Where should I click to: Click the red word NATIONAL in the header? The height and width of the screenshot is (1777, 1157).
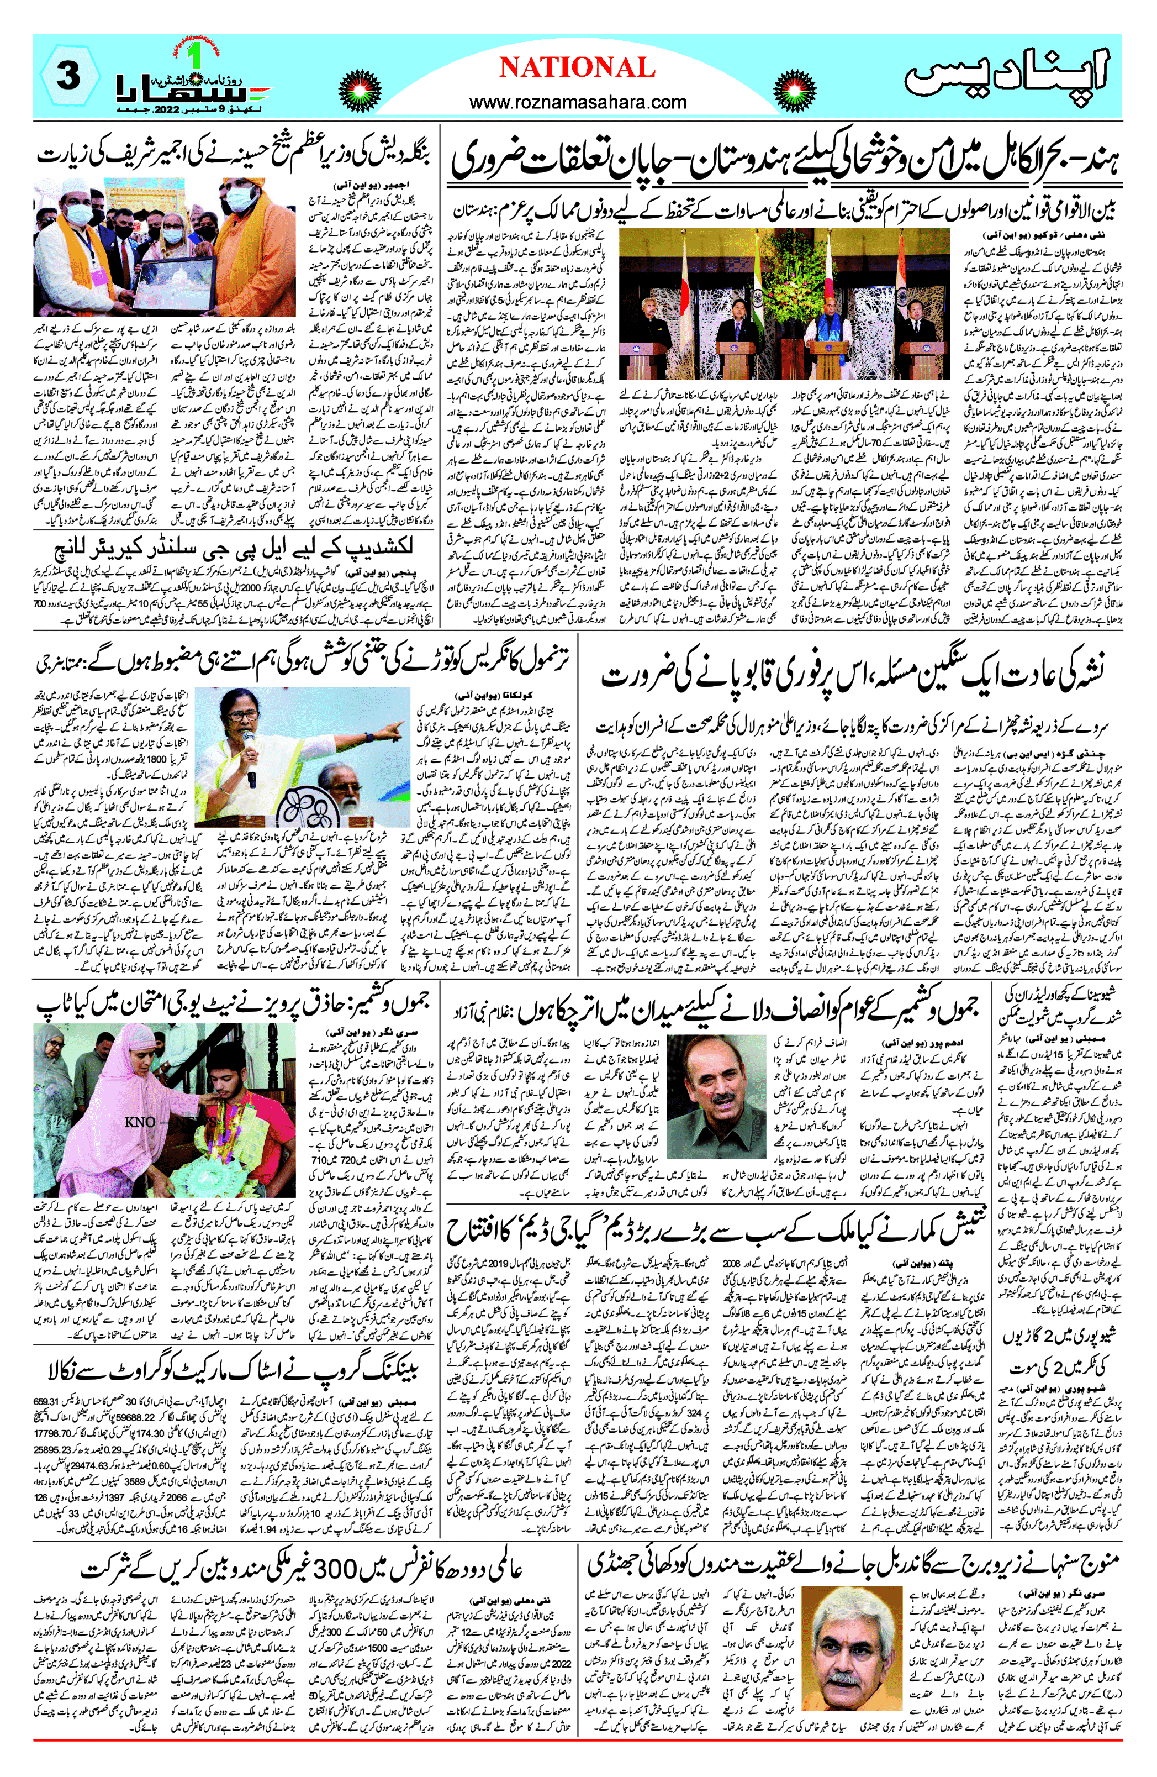click(x=577, y=68)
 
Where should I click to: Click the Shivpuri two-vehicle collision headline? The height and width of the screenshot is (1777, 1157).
click(x=1057, y=1352)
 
